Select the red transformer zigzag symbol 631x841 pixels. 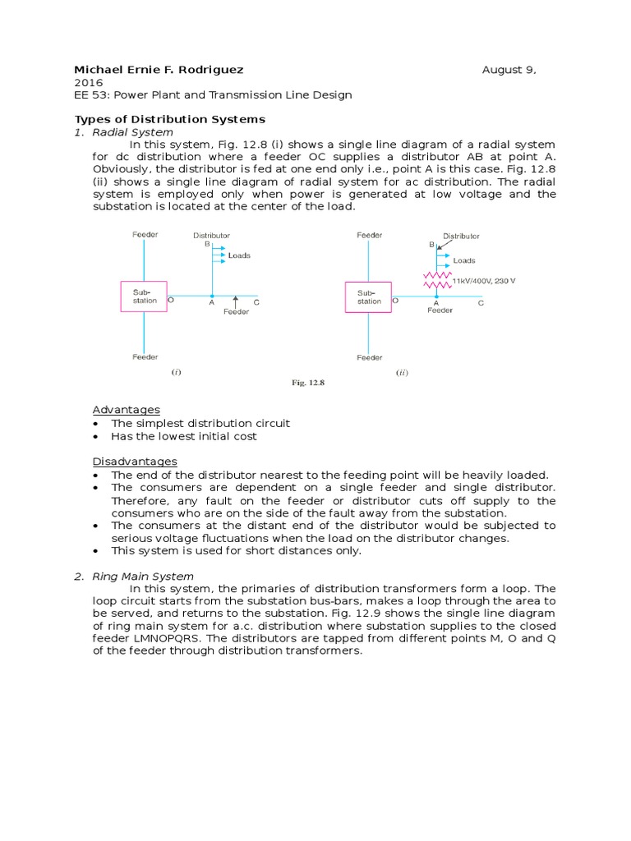point(436,279)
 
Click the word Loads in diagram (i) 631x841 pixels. point(239,255)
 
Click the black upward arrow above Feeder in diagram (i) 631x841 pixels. point(236,301)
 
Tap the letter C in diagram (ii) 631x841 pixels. point(481,302)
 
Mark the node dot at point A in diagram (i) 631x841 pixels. point(212,296)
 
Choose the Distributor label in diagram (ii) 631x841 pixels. point(461,236)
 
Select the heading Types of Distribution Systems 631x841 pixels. point(170,120)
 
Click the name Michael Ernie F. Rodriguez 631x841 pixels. point(159,70)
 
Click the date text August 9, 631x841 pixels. point(509,70)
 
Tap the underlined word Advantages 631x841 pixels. point(126,410)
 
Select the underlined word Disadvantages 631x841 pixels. point(134,462)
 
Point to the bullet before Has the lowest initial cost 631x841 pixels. point(97,437)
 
